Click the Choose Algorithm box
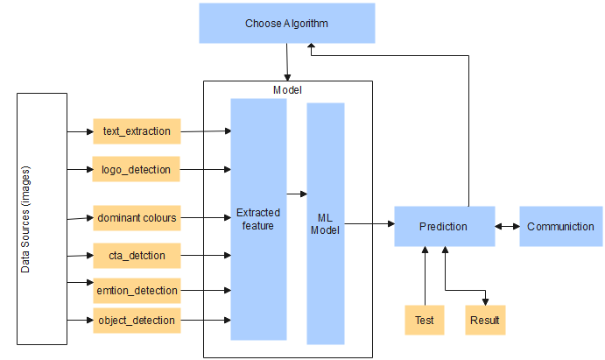coord(286,23)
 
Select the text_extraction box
coord(137,131)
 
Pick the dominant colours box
coord(137,217)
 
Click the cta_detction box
coord(137,256)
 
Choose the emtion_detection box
coord(137,289)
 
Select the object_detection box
coord(137,321)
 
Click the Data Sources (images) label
coord(25,218)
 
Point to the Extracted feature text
coord(258,219)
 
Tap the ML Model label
coord(325,223)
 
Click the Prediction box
coord(444,227)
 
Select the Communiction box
coord(560,227)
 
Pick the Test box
coord(425,321)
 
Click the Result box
coord(485,321)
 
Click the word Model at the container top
coord(288,89)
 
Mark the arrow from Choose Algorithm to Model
coord(286,61)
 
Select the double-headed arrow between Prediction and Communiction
coord(507,227)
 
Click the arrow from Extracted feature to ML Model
coord(297,194)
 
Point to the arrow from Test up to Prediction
coord(425,276)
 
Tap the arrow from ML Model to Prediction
coord(369,224)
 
